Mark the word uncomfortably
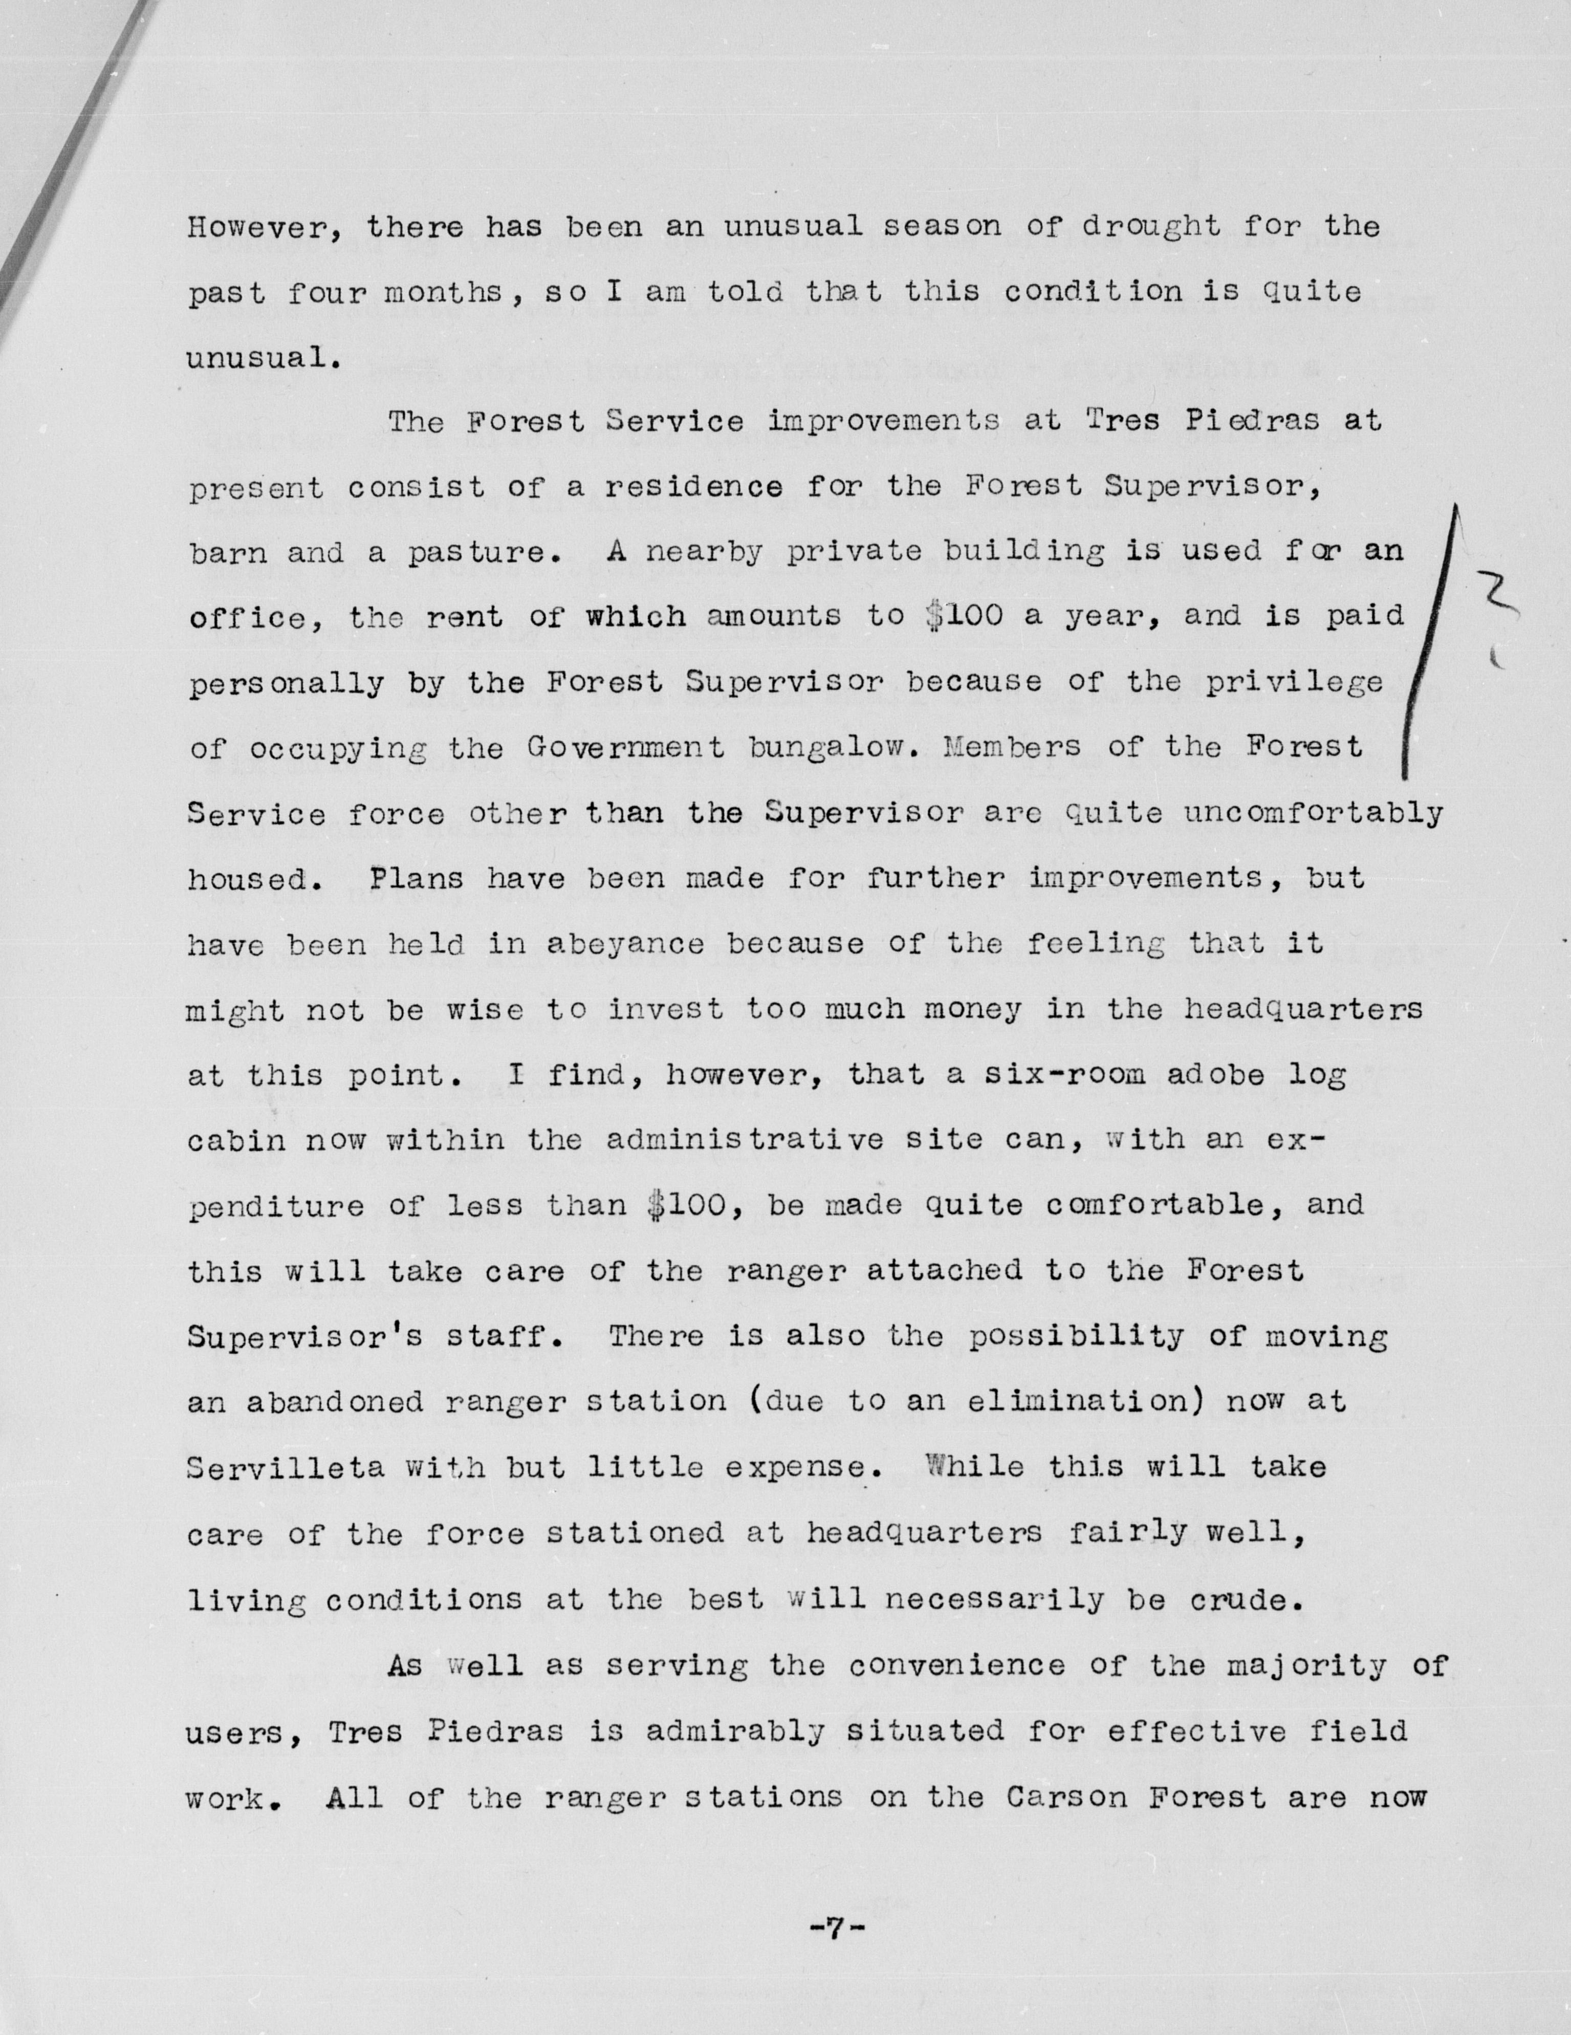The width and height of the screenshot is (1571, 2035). (x=1314, y=813)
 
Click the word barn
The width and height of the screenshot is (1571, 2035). (x=226, y=553)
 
